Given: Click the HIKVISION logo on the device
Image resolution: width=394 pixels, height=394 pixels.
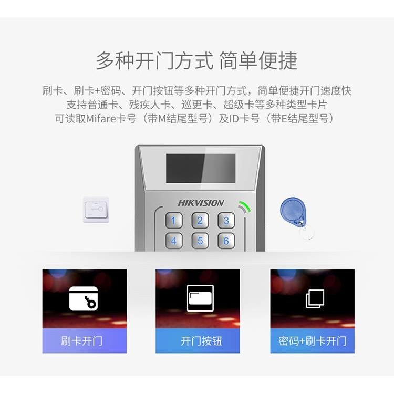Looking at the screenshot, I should tap(201, 203).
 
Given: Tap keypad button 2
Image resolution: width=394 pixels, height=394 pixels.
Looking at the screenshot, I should tap(200, 220).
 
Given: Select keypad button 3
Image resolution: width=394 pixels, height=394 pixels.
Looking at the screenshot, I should tap(226, 220).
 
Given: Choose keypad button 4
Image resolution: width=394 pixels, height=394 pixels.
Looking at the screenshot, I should tap(174, 241).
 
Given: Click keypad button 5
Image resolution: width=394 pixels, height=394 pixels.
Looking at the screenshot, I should tap(200, 241).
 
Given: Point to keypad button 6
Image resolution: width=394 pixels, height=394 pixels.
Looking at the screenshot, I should tap(226, 241).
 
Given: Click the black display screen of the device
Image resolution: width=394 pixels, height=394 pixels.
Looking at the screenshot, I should tap(200, 169).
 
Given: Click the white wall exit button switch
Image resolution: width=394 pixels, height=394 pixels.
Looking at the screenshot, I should tap(96, 210).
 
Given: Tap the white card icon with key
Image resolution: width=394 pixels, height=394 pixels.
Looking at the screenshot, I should tap(84, 298).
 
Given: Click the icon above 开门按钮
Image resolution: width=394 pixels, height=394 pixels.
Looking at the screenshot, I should tap(200, 298).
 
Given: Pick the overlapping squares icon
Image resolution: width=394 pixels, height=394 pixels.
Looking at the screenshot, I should tap(315, 298).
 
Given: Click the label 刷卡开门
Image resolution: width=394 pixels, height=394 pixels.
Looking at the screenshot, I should tap(81, 341).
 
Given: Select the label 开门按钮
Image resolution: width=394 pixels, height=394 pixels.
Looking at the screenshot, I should tap(201, 341).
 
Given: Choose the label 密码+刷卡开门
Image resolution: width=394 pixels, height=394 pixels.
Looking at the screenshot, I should tap(313, 341).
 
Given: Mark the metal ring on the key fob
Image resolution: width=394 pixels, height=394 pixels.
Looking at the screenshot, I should tap(306, 231).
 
